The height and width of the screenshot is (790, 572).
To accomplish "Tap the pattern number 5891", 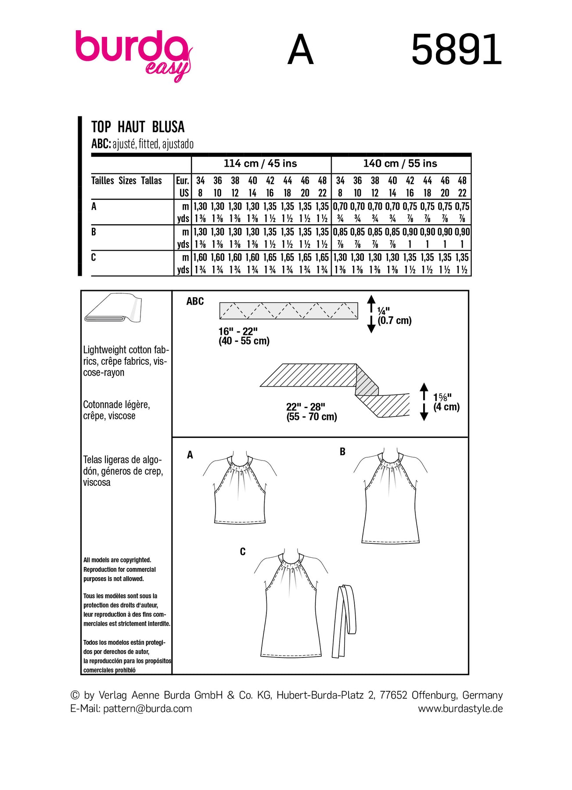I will tap(457, 50).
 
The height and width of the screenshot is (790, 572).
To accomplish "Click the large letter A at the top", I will tap(301, 50).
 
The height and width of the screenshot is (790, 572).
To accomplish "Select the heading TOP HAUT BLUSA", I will tap(138, 127).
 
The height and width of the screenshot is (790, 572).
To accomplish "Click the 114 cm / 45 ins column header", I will tap(260, 164).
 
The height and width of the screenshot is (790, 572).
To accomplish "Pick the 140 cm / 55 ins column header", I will tap(400, 164).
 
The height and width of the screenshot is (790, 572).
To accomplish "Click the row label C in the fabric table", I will tap(94, 258).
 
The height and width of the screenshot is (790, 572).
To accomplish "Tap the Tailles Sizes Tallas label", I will tap(126, 180).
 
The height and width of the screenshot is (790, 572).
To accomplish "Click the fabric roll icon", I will tap(113, 308).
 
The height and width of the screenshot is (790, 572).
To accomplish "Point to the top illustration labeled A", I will tap(240, 489).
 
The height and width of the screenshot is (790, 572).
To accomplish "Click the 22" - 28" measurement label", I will tap(312, 412).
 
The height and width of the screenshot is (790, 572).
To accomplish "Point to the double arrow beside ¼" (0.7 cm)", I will tap(371, 314).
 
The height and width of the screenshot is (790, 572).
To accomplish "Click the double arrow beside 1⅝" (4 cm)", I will tap(424, 402).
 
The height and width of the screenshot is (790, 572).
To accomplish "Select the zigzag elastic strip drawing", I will tap(288, 310).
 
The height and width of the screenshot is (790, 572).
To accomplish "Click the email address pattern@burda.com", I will tap(147, 708).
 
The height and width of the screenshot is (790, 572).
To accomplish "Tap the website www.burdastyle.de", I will tap(460, 708).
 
